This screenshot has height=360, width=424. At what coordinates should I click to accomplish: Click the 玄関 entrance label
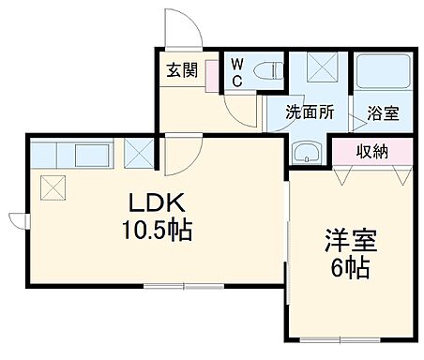click(x=181, y=71)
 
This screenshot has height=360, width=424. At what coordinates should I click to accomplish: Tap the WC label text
click(x=237, y=72)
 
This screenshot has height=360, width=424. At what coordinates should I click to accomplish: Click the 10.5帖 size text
click(x=155, y=229)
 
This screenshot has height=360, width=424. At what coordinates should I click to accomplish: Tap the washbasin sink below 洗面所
click(x=308, y=153)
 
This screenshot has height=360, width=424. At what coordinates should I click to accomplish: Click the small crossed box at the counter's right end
click(x=140, y=151)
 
